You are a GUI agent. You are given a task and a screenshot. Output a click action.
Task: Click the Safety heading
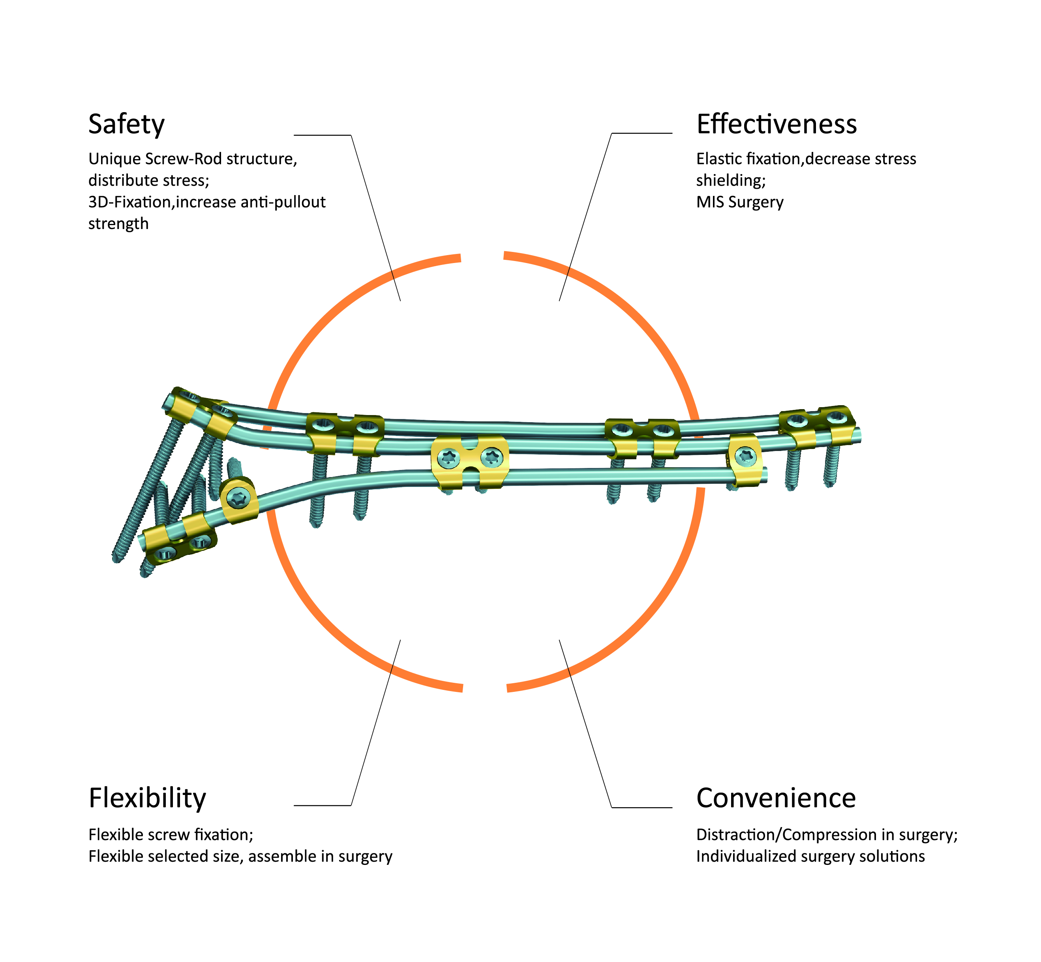(126, 124)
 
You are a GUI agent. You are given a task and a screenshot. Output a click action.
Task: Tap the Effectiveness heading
(776, 124)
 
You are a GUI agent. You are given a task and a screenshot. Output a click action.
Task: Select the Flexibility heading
(147, 798)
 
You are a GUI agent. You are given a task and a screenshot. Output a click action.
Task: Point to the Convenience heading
(776, 798)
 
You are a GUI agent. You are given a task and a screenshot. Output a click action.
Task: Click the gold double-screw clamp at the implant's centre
(470, 461)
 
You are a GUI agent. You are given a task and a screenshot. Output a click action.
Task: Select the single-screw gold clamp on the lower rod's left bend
(239, 499)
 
